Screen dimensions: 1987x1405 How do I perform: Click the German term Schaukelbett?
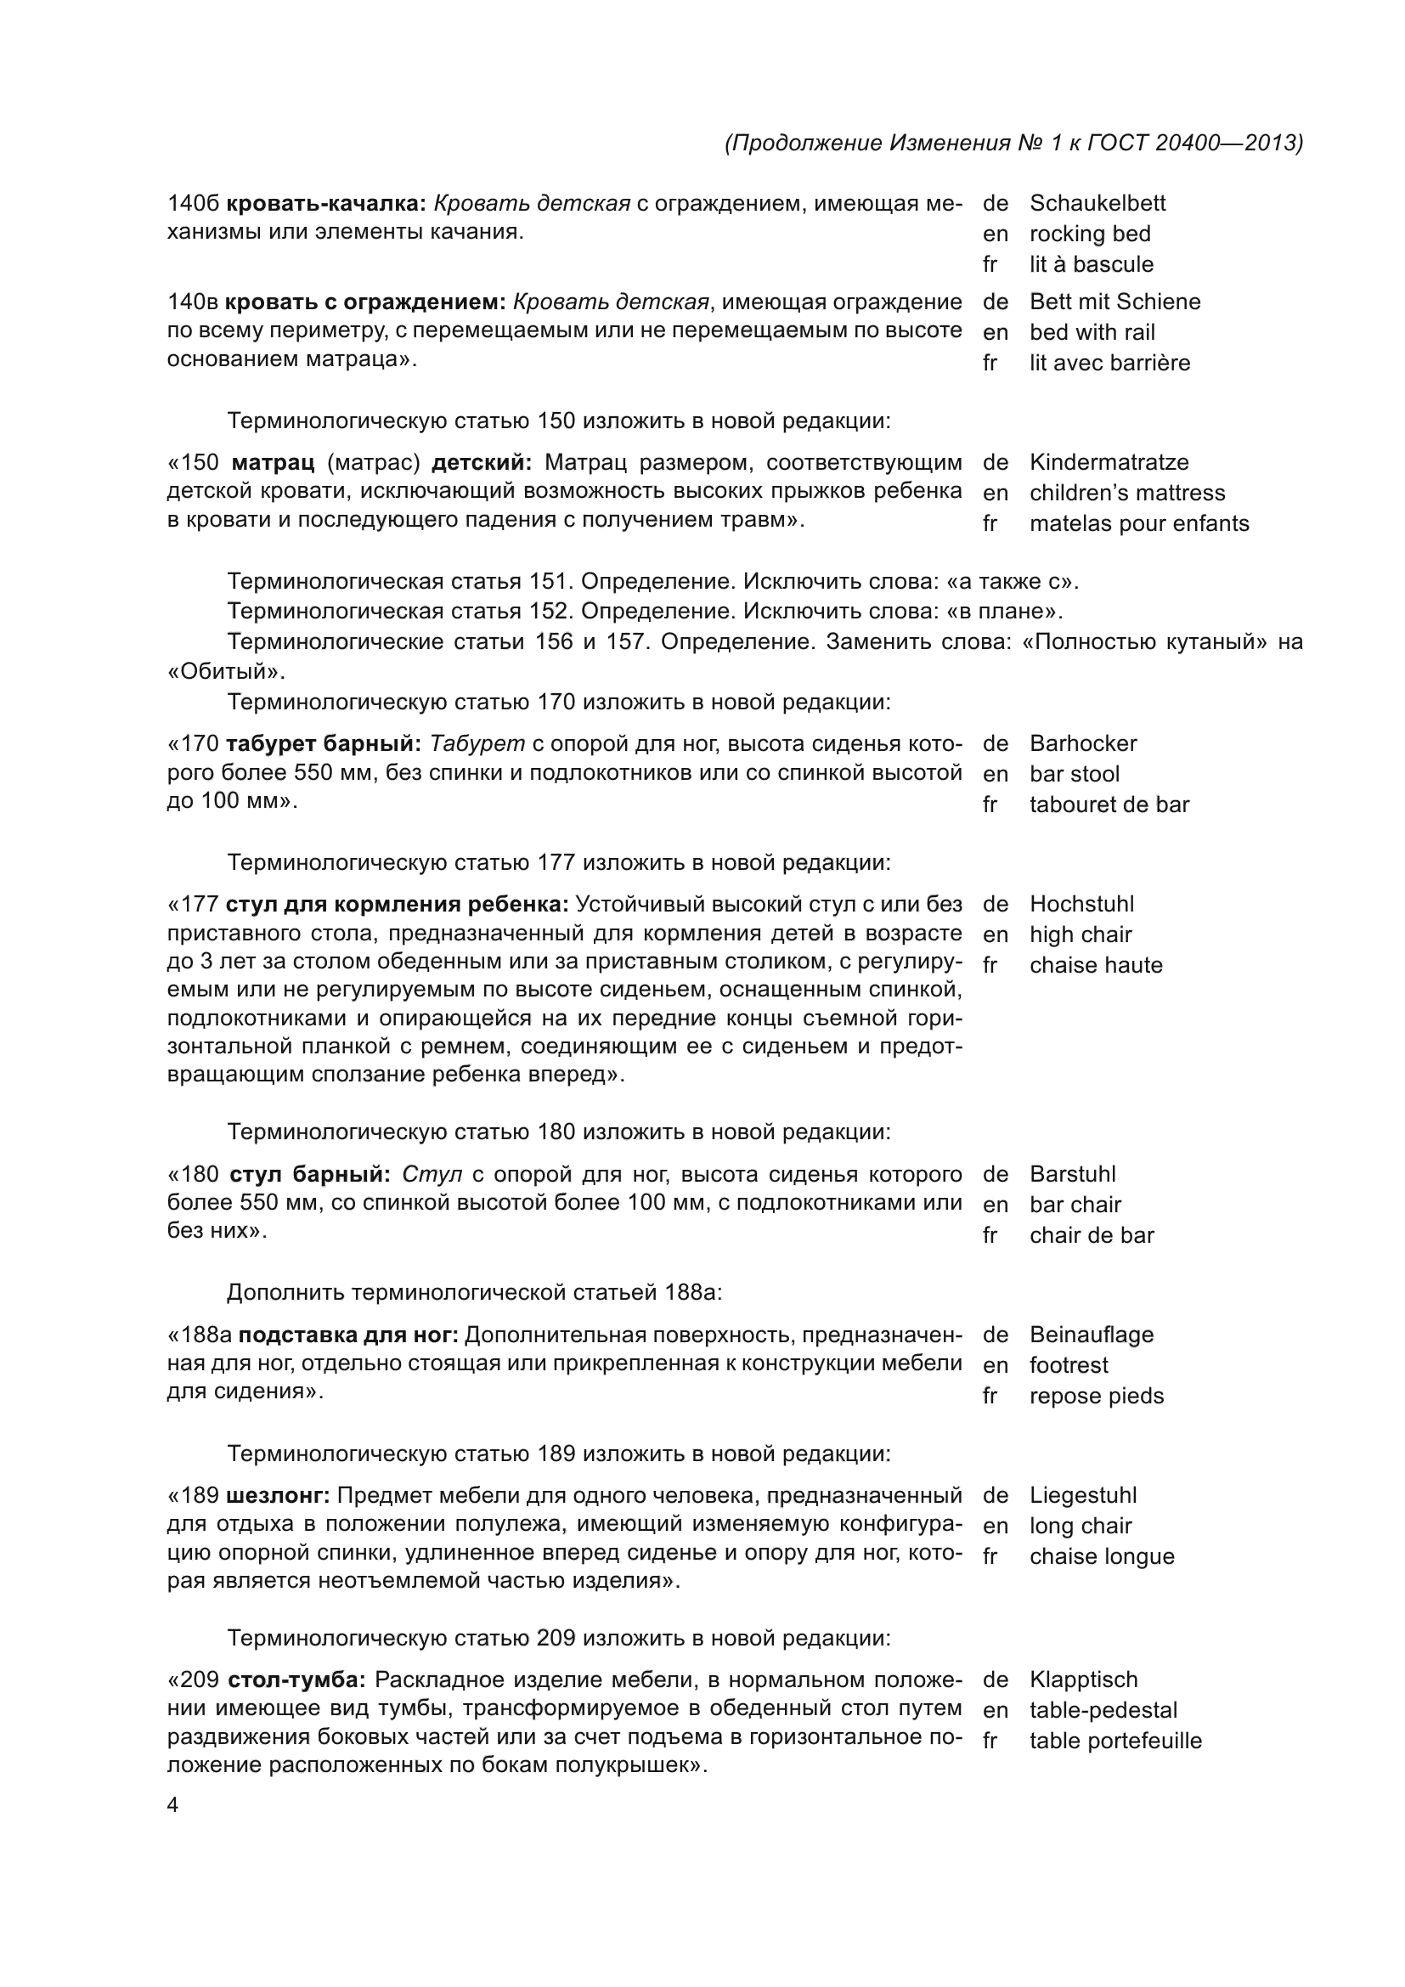click(x=1097, y=203)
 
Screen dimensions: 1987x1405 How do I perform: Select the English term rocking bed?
click(x=1089, y=234)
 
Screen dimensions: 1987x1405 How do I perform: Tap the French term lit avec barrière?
click(x=1109, y=363)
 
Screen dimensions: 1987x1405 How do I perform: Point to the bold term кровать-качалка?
click(x=326, y=203)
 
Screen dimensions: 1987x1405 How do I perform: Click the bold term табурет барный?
click(x=324, y=743)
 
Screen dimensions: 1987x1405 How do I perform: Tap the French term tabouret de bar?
click(x=1109, y=804)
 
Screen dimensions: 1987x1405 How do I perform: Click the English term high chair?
click(x=1080, y=934)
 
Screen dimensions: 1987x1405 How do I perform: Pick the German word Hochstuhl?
click(x=1081, y=905)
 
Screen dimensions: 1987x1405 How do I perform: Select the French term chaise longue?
click(x=1102, y=1557)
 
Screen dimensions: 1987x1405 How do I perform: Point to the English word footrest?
click(x=1068, y=1366)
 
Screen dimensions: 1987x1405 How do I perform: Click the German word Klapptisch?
click(x=1083, y=1679)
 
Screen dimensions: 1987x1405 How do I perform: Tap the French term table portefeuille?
click(x=1115, y=1741)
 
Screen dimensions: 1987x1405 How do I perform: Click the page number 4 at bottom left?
click(x=172, y=1806)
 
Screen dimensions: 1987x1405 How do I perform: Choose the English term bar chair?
click(x=1075, y=1205)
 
